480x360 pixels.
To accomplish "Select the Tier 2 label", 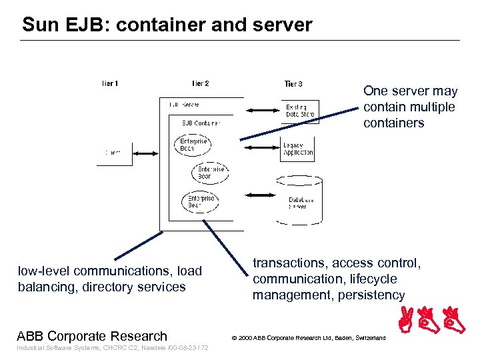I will point(200,84).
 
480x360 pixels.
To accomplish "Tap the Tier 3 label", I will point(293,84).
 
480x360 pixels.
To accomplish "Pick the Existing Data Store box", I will point(299,111).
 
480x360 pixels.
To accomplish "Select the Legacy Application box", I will point(297,149).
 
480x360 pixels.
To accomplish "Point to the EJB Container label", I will point(201,123).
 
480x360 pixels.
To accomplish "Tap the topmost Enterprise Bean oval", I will point(194,145).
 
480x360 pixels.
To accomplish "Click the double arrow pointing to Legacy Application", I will point(262,151).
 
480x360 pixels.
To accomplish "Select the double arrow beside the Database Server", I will point(261,196).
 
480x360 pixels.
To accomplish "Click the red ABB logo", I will point(434,321).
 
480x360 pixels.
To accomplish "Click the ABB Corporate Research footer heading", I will point(92,336).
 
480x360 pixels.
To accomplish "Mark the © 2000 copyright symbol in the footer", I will point(234,339).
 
